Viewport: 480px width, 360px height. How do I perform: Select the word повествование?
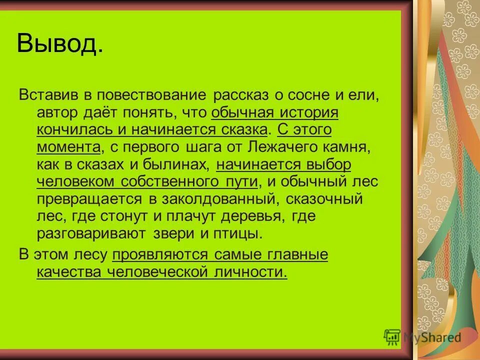[x=152, y=95]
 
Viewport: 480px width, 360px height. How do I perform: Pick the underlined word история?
[x=308, y=113]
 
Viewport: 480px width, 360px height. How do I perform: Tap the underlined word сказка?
[x=243, y=130]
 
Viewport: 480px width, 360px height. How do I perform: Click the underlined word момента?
[x=67, y=147]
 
